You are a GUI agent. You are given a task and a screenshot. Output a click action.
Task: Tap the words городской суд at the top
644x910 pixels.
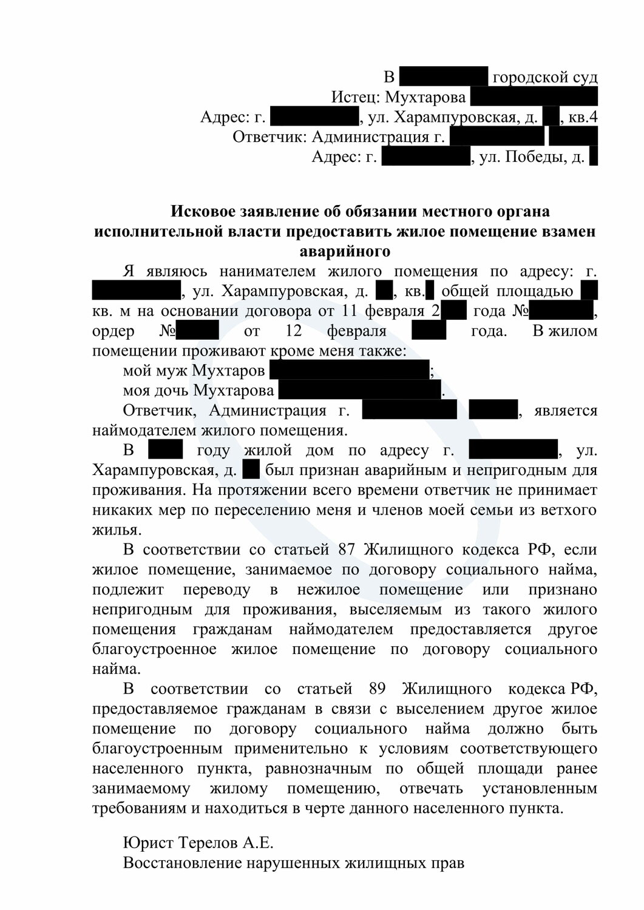click(x=544, y=77)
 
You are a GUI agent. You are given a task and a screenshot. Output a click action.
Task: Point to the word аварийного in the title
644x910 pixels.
click(x=345, y=251)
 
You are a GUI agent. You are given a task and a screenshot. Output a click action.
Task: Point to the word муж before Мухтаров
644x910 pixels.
click(x=174, y=370)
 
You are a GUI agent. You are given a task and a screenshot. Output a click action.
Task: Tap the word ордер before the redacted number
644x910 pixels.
click(x=114, y=331)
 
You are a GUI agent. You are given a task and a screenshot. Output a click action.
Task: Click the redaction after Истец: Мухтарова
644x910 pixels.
click(x=534, y=97)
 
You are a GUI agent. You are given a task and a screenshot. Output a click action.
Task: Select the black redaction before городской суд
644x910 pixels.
click(x=444, y=77)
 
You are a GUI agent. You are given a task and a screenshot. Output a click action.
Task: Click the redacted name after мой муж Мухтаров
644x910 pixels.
click(x=349, y=370)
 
